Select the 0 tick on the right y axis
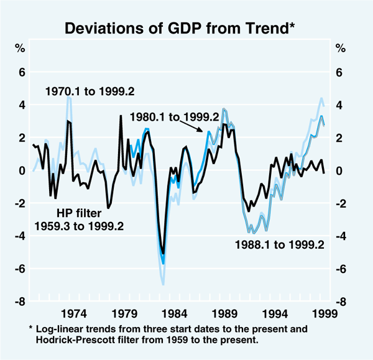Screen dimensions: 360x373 [338, 171]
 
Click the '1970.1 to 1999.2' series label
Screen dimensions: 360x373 [91, 93]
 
